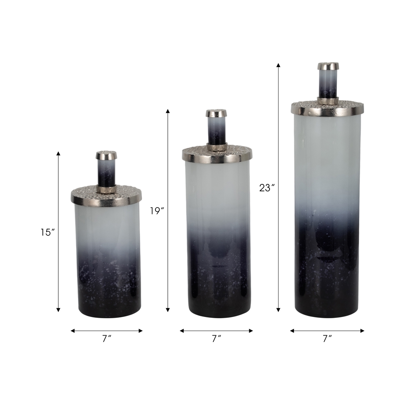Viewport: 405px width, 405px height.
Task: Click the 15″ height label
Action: [48, 233]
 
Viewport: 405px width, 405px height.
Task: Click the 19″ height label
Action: [157, 211]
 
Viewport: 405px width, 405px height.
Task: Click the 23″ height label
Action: [267, 188]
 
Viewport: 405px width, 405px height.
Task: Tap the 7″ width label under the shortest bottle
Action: [106, 339]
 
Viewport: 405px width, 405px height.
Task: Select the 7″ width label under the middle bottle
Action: [216, 339]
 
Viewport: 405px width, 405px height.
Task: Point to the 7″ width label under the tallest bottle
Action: [327, 339]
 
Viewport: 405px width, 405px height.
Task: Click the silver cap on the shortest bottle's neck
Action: [106, 155]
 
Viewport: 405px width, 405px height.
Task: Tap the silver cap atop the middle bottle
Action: [216, 113]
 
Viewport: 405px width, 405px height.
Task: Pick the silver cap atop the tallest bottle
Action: [328, 66]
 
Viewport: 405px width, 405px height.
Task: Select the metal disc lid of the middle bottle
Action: [217, 154]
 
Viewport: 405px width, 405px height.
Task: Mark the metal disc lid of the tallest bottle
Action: [327, 108]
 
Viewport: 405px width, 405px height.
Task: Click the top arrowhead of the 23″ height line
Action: [278, 65]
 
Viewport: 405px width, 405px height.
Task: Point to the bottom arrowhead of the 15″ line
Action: [58, 309]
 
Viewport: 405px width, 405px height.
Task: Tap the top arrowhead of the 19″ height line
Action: [168, 111]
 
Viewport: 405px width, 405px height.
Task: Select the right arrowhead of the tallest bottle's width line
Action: [362, 331]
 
